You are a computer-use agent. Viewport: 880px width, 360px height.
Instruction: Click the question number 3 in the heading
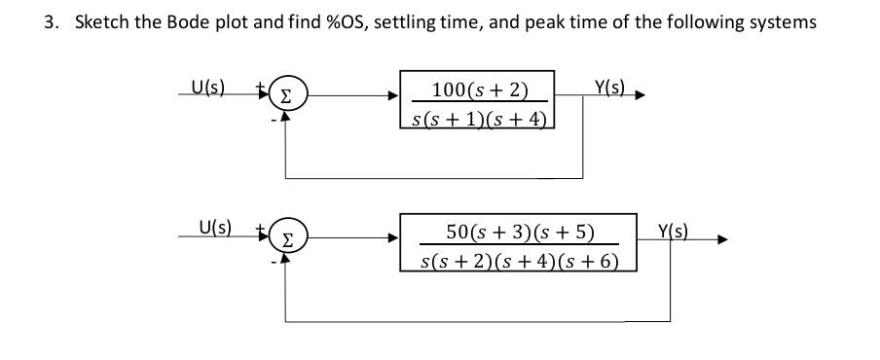click(x=50, y=22)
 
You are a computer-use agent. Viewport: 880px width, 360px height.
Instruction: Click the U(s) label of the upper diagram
click(x=206, y=89)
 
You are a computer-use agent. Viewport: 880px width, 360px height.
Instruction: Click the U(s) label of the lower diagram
click(x=213, y=230)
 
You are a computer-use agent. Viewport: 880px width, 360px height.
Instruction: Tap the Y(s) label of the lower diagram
click(x=673, y=232)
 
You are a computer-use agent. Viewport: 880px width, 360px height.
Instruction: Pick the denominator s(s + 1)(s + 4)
click(x=478, y=119)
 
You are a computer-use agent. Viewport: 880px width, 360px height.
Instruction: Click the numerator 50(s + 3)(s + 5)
click(x=519, y=232)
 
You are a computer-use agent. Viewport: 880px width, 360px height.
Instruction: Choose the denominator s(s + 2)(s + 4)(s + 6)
click(x=518, y=260)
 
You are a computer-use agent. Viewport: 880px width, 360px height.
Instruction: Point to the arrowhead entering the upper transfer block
click(x=394, y=96)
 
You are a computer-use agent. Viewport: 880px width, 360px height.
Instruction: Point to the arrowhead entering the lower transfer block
click(x=394, y=238)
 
